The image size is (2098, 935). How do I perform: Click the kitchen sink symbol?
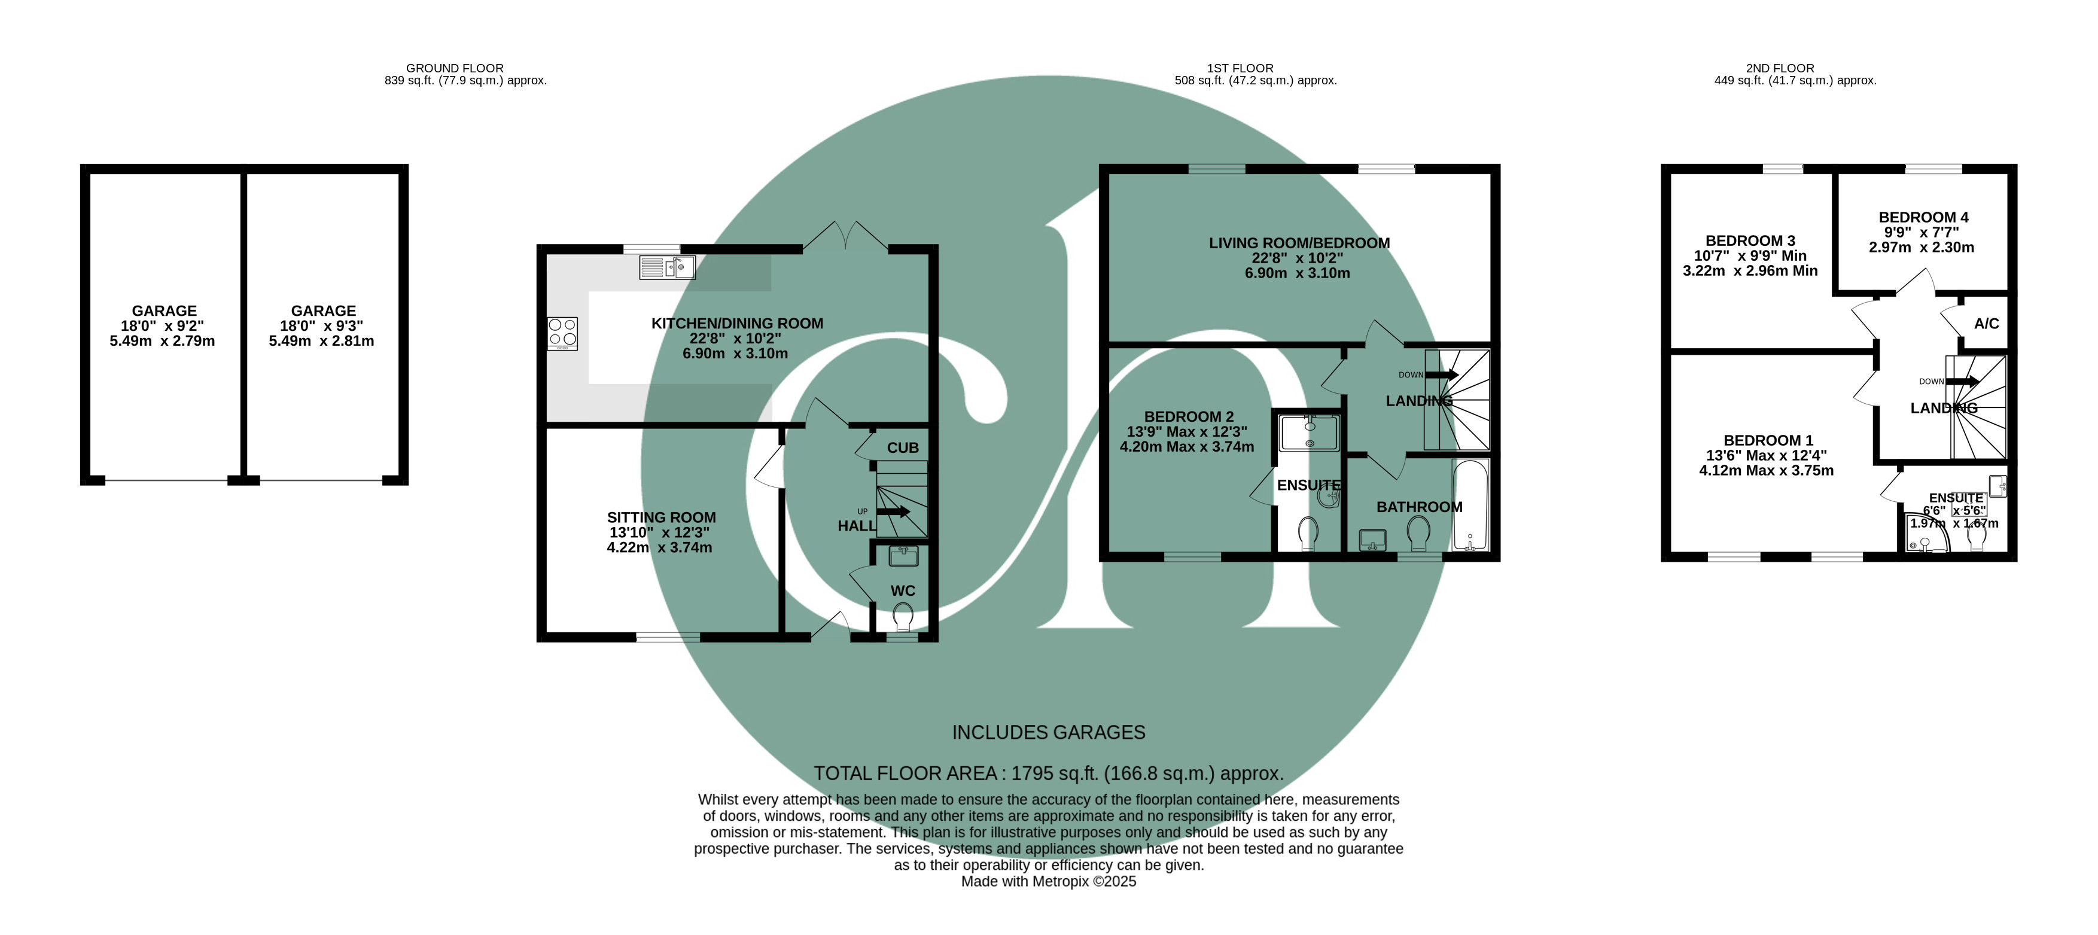[x=667, y=267]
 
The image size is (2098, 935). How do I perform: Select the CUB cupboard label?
[x=902, y=448]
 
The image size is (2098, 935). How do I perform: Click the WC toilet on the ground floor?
[x=902, y=618]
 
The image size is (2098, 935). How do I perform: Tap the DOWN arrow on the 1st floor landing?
[x=1442, y=374]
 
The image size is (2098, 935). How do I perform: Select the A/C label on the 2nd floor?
[x=1986, y=324]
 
